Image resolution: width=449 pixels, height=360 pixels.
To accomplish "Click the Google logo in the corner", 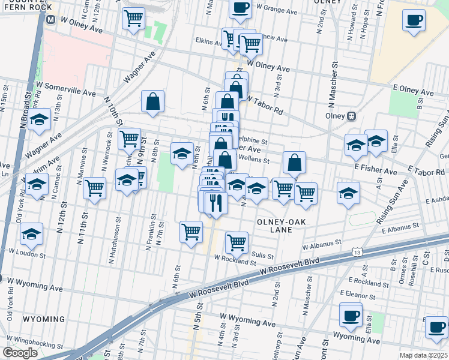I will pyautogui.click(x=20, y=353).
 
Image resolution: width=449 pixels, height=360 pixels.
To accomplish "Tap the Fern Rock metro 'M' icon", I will pyautogui.click(x=51, y=19).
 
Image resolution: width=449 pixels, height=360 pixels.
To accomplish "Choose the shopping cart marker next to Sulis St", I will pyautogui.click(x=237, y=242).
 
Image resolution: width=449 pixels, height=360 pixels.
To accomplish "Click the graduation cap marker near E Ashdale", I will pyautogui.click(x=348, y=193).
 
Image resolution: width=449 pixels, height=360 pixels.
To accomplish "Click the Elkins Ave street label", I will pyautogui.click(x=209, y=41).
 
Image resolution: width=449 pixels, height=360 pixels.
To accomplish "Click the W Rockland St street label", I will pyautogui.click(x=235, y=259).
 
